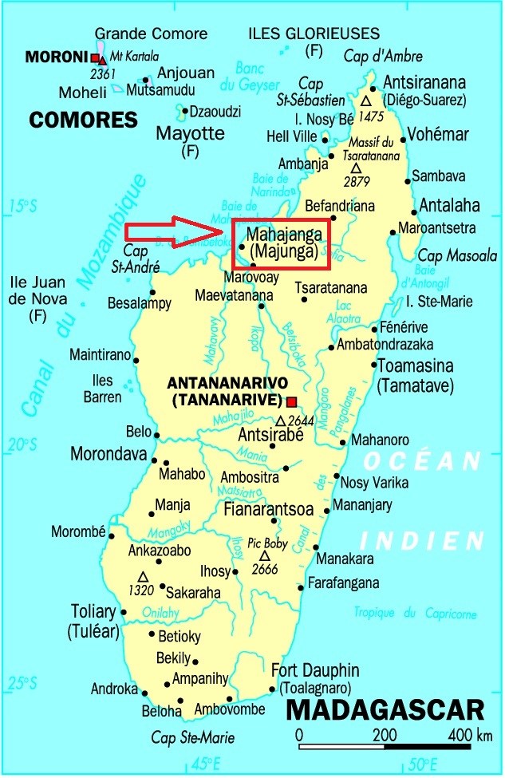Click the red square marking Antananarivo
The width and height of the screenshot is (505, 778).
292,401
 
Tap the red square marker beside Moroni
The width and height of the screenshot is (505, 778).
96,58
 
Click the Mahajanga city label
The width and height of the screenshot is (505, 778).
285,234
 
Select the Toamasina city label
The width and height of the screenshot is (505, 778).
416,367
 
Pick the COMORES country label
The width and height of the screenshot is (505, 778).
84,120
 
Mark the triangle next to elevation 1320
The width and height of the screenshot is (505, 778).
143,576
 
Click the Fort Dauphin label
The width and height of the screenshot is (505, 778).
315,670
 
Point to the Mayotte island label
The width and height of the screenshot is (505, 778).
191,132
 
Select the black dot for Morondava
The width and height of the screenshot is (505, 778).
154,458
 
